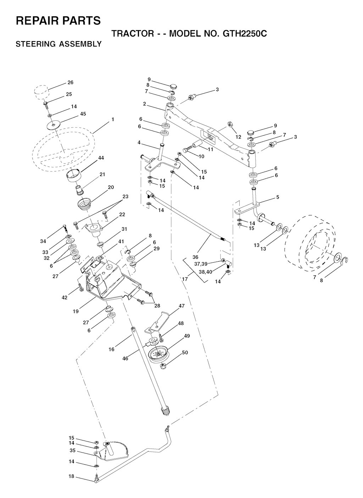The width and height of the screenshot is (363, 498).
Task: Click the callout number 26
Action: [x=71, y=82]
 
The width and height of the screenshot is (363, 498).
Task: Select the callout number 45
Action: [x=83, y=114]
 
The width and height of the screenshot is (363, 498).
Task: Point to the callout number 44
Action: [x=101, y=158]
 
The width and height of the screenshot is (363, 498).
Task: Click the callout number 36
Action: [x=195, y=257]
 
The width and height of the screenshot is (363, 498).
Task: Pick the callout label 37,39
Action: [x=201, y=264]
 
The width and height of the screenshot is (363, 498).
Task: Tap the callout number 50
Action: [x=185, y=352]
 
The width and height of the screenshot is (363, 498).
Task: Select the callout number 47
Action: [x=181, y=306]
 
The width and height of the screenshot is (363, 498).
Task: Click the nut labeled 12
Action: [x=230, y=124]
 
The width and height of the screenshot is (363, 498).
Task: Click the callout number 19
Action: [x=76, y=311]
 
